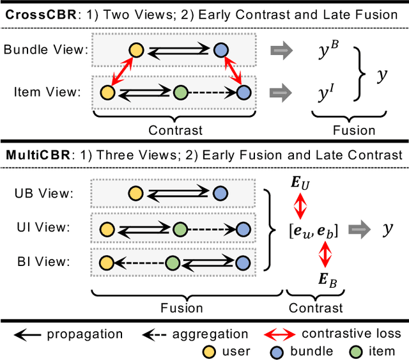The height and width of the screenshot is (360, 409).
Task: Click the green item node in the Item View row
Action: coord(179,93)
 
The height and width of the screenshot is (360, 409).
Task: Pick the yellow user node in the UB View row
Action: coord(134,194)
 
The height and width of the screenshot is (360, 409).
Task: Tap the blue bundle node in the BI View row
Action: coord(243,262)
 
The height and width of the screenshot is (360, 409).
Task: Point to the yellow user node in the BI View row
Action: coord(106,262)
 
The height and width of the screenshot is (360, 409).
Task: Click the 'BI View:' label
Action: coord(47,262)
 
